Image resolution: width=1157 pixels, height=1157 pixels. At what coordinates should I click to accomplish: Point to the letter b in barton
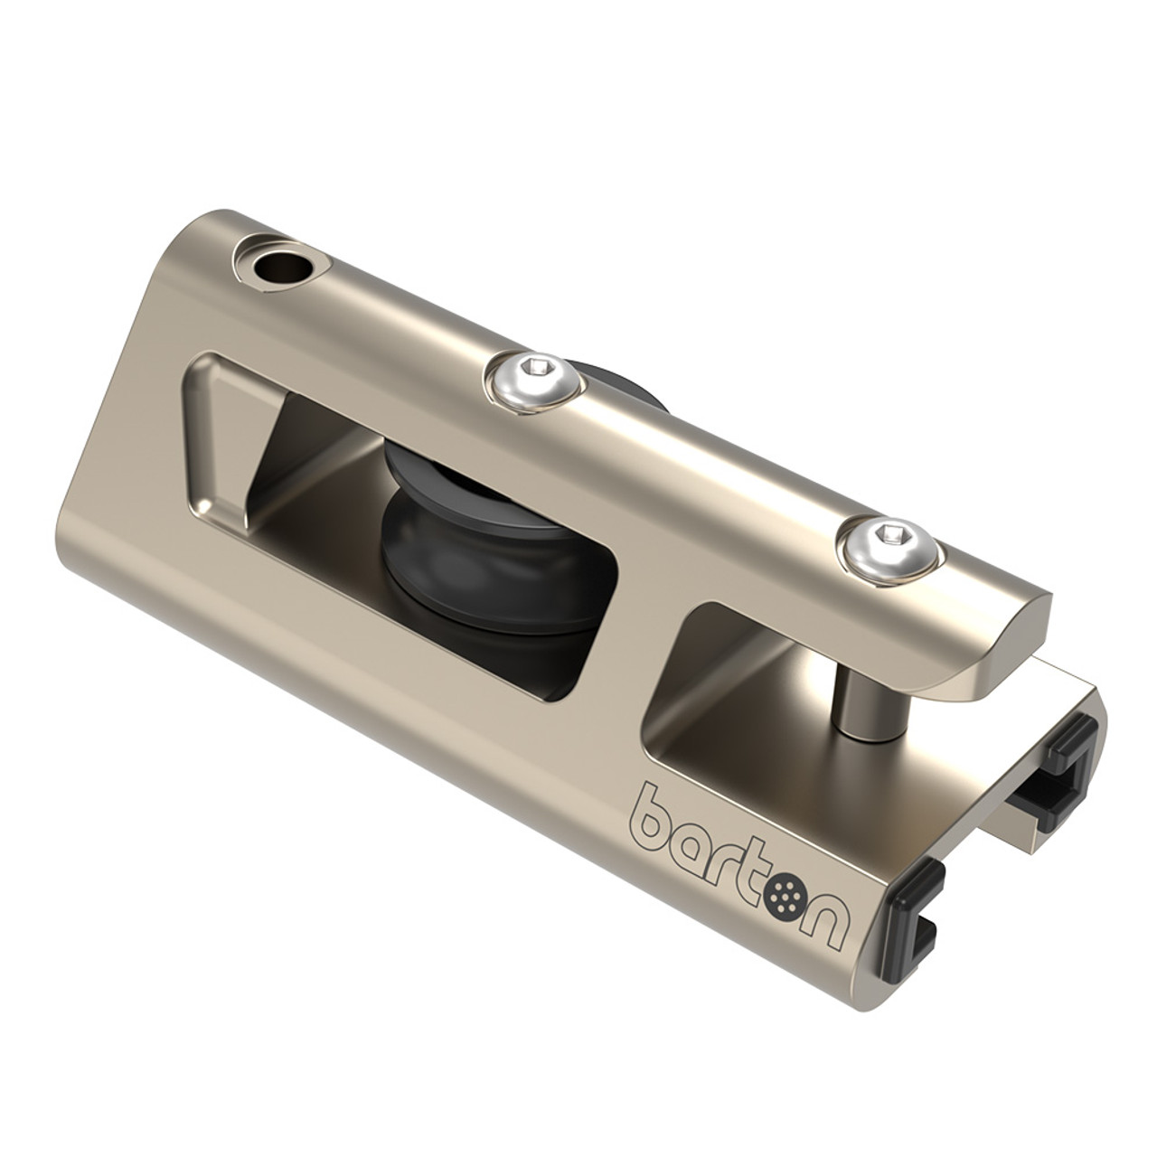658,802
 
